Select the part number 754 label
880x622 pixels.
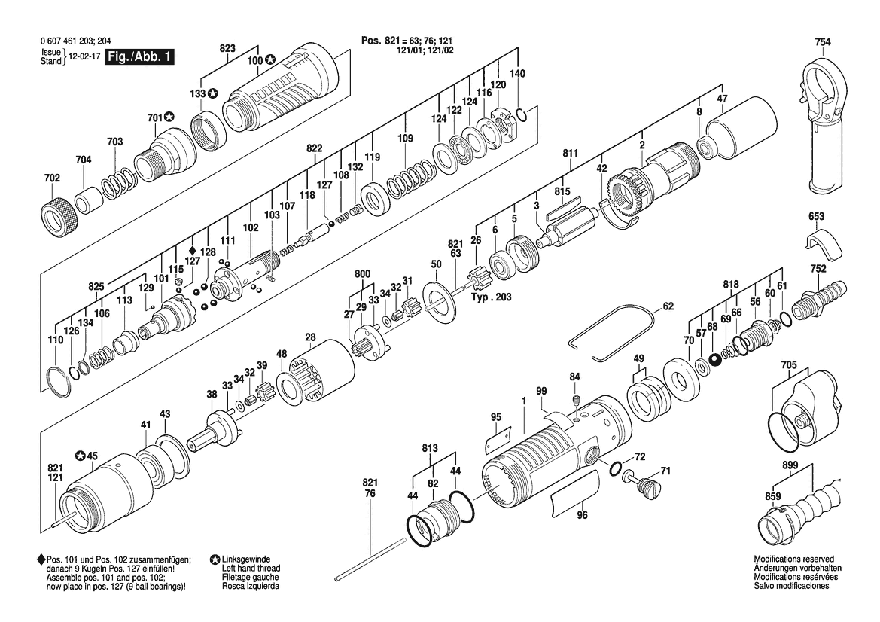tap(823, 42)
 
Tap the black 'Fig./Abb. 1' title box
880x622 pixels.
tap(140, 56)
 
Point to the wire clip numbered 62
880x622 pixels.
tap(612, 334)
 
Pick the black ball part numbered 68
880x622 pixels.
tap(714, 360)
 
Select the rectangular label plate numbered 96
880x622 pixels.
tap(574, 495)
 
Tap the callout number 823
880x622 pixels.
tap(227, 48)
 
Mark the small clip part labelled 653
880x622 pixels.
tap(823, 246)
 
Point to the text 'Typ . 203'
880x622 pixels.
tap(491, 297)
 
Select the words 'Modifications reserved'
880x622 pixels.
tap(793, 559)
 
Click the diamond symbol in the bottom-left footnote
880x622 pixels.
tap(41, 559)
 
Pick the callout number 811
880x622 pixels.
tap(570, 154)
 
